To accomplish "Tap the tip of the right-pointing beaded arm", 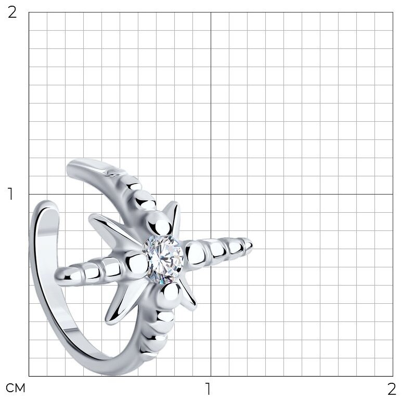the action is click(x=252, y=244).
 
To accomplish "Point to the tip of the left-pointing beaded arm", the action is click(x=55, y=276).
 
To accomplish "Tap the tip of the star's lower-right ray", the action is click(x=196, y=307).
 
